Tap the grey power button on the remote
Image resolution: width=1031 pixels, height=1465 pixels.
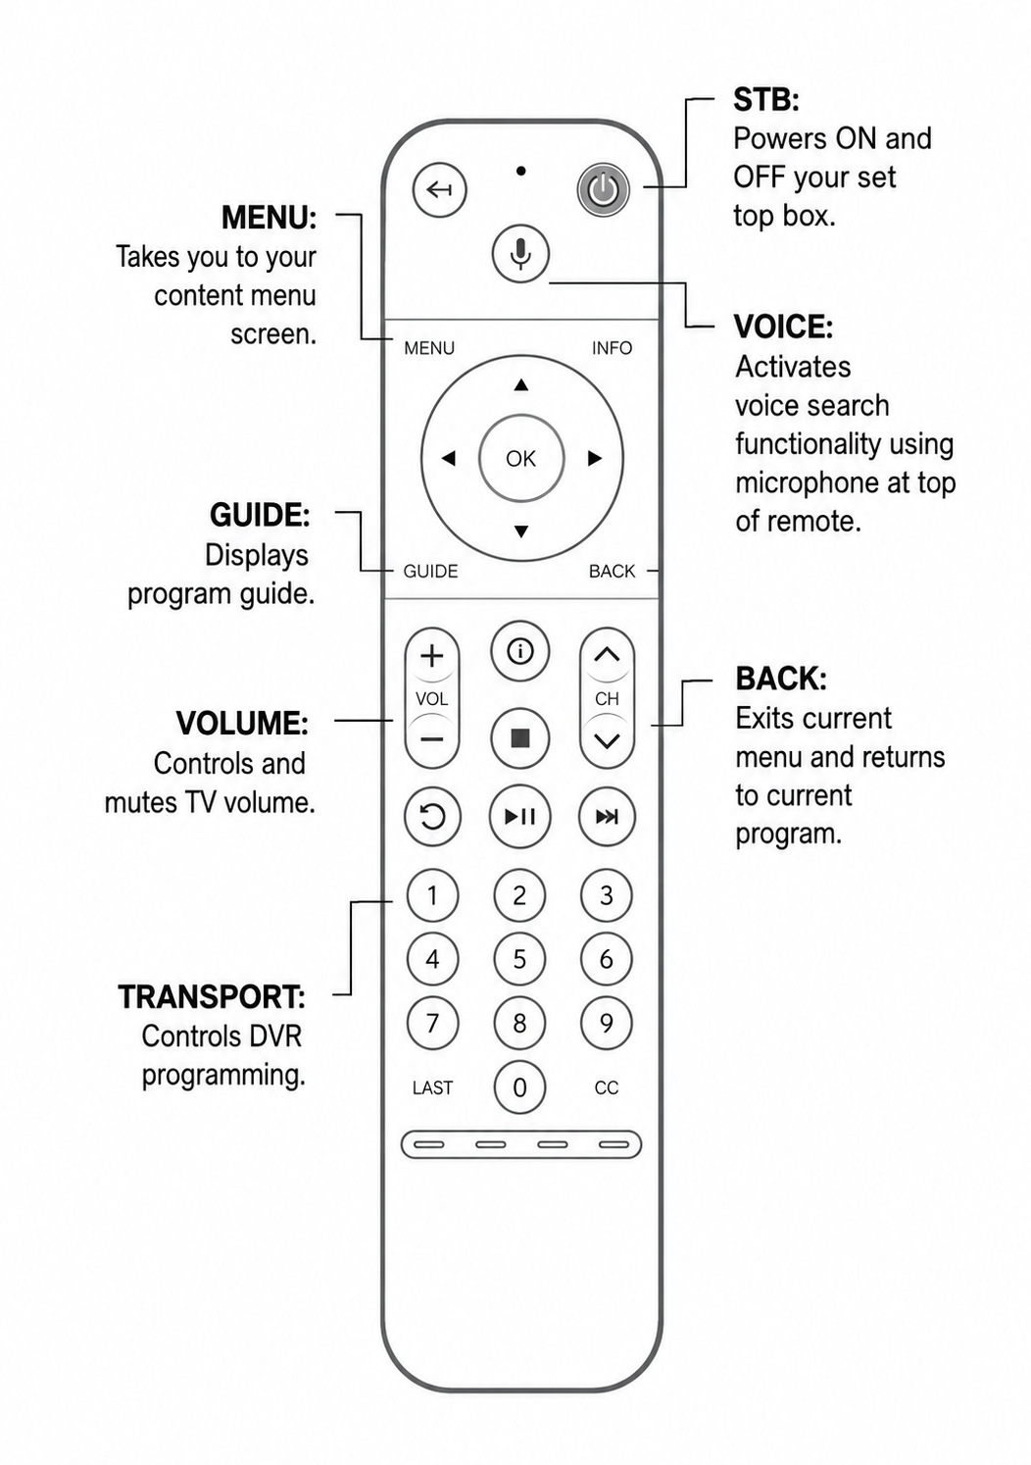pos(603,190)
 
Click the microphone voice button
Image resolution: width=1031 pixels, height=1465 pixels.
pos(520,253)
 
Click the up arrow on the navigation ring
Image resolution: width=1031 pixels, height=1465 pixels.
pos(520,384)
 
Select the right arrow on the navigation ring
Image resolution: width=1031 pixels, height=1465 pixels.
pos(594,458)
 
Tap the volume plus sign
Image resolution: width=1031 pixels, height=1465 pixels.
pos(431,655)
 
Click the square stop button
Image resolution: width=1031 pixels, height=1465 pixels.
pos(519,738)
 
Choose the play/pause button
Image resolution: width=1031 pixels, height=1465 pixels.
pos(519,816)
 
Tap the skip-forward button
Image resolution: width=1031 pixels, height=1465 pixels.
pos(607,816)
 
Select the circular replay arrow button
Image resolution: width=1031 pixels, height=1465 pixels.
pos(432,816)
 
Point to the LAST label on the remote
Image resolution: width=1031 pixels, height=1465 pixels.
pos(432,1087)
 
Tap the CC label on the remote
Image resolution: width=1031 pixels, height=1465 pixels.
pos(606,1087)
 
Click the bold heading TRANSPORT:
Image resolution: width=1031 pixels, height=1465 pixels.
pos(212,996)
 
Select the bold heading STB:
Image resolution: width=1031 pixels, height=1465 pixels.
pos(766,99)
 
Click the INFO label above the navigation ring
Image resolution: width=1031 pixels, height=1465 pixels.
pos(612,348)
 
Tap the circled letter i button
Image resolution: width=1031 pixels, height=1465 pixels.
pos(519,651)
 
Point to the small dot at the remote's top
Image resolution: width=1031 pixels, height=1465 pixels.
pos(521,171)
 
